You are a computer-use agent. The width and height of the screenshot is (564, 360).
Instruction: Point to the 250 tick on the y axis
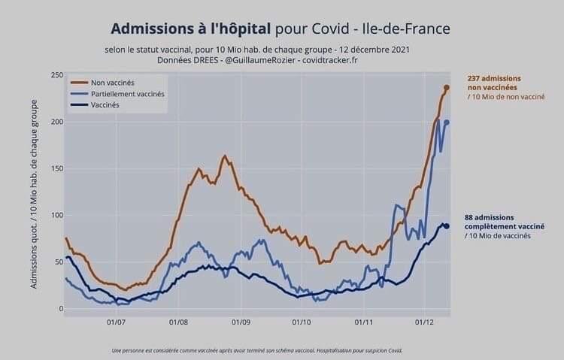[56, 75]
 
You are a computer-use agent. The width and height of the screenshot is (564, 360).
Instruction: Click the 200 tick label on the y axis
[56, 122]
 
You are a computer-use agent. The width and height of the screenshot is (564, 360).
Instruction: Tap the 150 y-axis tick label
[56, 168]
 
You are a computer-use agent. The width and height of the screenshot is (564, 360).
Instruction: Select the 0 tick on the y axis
[59, 308]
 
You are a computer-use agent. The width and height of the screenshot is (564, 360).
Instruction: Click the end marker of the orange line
[447, 88]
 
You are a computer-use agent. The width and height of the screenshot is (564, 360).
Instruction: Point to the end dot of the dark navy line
[447, 226]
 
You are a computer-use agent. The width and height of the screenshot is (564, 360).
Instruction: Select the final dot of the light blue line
[447, 123]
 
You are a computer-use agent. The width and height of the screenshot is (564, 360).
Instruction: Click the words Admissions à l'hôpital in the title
[191, 29]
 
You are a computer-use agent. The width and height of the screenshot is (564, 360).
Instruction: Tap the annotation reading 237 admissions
[493, 78]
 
